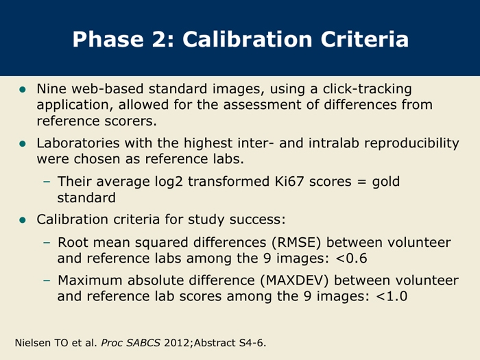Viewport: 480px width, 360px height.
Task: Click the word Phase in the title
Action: [x=108, y=39]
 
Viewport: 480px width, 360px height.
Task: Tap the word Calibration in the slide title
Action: [x=248, y=39]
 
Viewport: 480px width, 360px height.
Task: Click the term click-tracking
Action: [x=367, y=89]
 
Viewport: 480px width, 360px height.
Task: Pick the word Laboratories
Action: [x=78, y=143]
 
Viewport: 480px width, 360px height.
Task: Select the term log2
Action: [x=169, y=182]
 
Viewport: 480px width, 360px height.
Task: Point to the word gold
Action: [x=385, y=182]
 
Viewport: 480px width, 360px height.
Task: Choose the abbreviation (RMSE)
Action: [x=296, y=243]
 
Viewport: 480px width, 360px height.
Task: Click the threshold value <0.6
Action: [x=351, y=259]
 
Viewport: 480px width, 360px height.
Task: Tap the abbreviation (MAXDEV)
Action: [x=294, y=280]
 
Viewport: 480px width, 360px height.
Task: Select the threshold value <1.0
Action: [x=392, y=296]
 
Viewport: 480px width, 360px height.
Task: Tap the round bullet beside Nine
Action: [x=23, y=89]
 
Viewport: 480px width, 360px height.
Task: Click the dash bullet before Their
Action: [x=47, y=182]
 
